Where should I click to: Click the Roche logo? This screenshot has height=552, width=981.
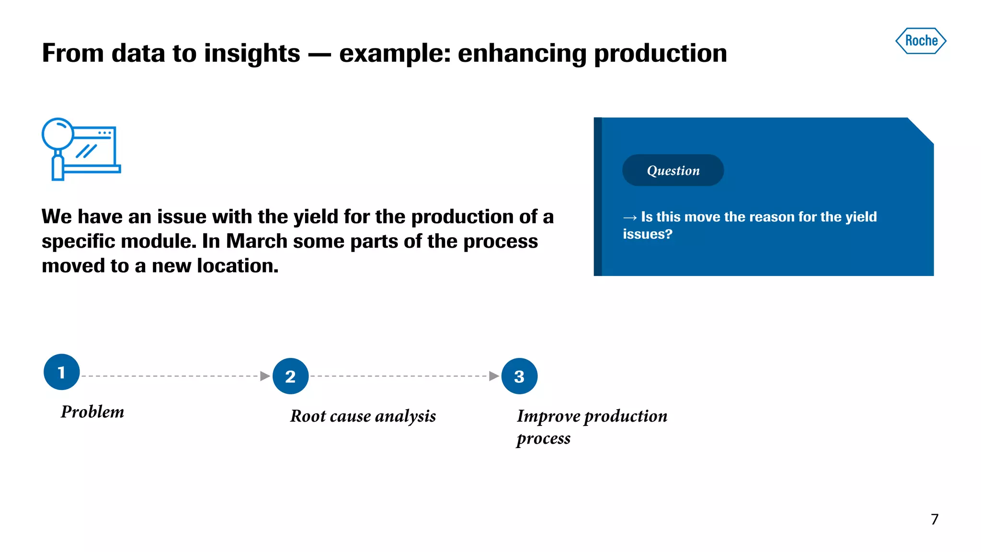(x=921, y=41)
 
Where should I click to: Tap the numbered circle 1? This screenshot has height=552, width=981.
(x=61, y=372)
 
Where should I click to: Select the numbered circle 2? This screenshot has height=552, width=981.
(x=290, y=376)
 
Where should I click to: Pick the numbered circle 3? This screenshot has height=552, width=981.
(x=519, y=376)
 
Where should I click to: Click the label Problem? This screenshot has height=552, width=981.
(x=92, y=412)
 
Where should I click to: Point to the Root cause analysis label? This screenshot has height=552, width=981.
(x=363, y=416)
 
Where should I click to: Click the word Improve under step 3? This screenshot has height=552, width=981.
(x=548, y=416)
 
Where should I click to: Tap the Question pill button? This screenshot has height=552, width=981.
(x=673, y=170)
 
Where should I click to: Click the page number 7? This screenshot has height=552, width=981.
(x=935, y=519)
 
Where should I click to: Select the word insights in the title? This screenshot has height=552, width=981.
(x=252, y=53)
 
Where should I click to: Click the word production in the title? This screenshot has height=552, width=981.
(x=660, y=53)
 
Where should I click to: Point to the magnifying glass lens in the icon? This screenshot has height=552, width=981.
(x=57, y=134)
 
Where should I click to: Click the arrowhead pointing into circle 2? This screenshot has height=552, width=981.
(x=265, y=376)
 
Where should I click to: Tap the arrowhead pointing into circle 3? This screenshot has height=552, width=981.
(x=494, y=376)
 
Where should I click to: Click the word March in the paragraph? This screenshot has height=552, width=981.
(x=256, y=241)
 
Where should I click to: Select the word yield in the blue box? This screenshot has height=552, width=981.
(x=861, y=217)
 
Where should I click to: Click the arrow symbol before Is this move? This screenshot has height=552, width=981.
(x=629, y=218)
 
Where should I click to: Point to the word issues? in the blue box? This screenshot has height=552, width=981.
(x=647, y=234)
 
